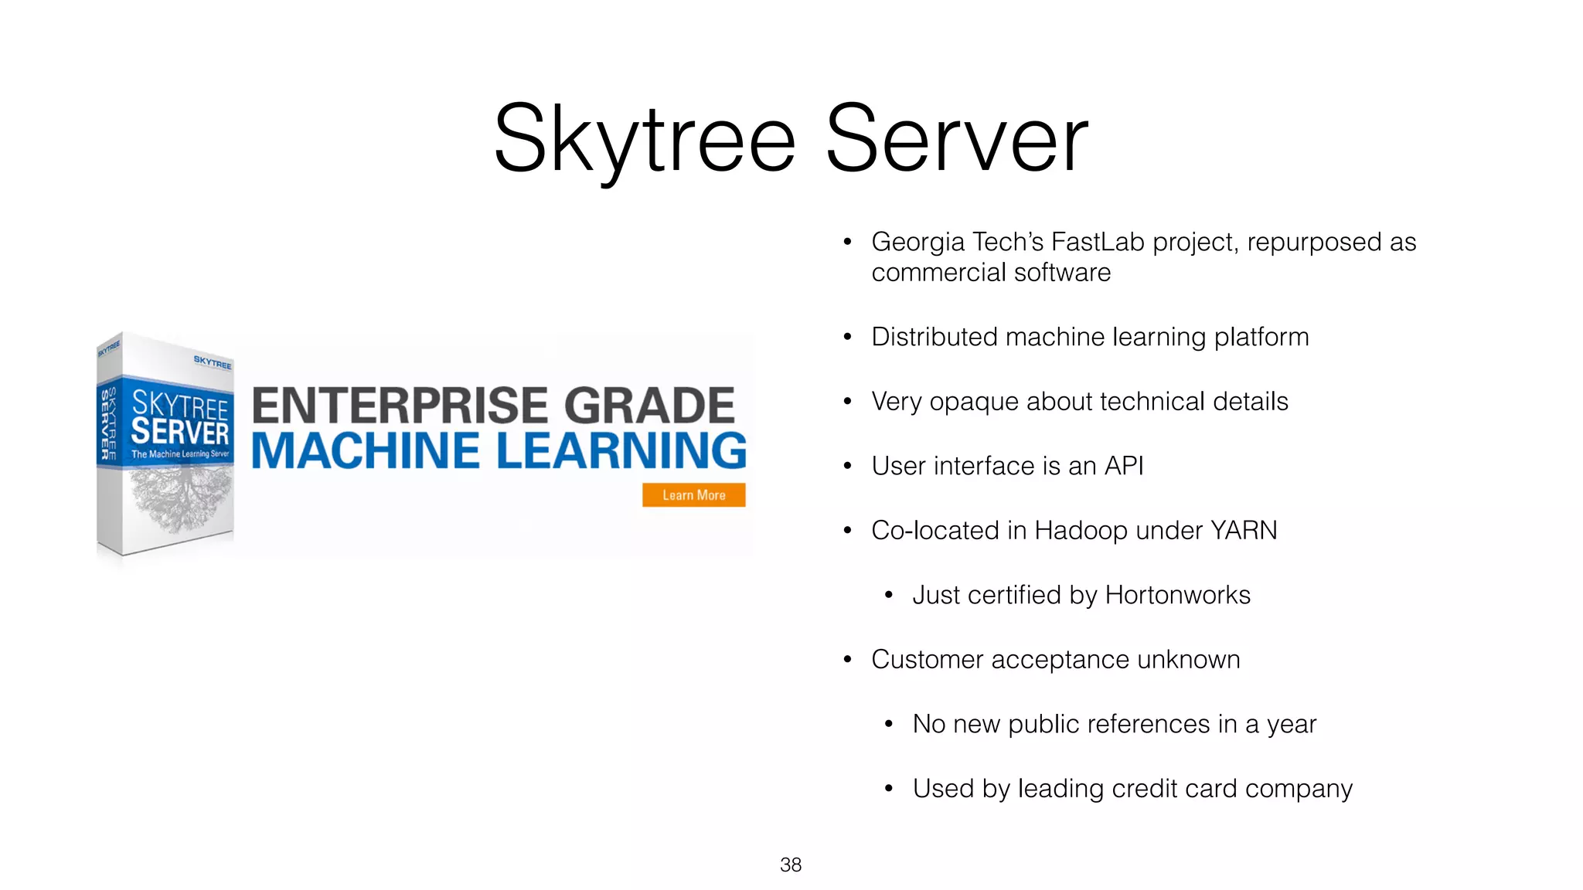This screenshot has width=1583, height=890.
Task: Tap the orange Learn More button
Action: coord(693,495)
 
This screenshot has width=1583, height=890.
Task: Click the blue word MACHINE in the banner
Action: coord(366,450)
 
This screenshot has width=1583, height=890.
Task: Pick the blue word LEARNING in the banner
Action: coord(621,450)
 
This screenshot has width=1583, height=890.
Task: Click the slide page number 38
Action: coord(791,865)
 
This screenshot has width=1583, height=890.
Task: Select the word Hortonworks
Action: coord(1177,595)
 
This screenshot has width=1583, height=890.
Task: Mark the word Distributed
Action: coord(934,337)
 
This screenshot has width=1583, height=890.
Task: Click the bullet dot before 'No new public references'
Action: coord(889,725)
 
